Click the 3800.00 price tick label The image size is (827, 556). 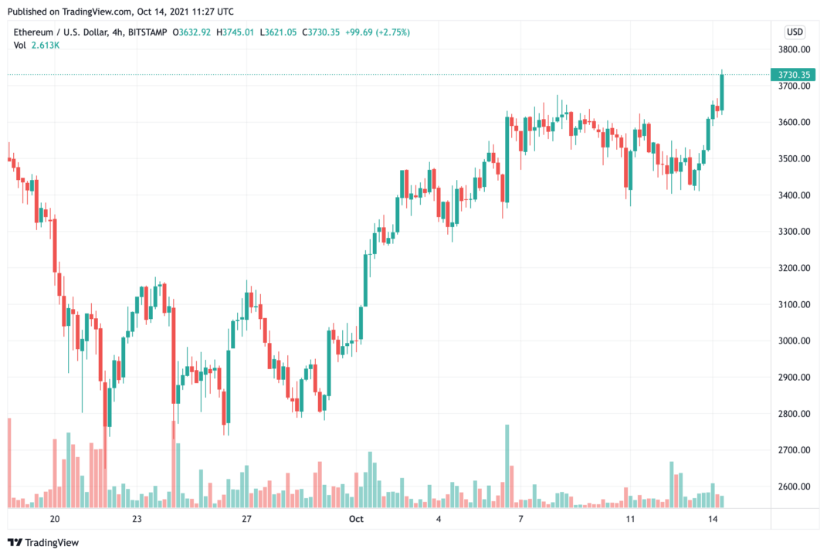pos(795,49)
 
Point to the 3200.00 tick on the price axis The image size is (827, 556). pos(795,268)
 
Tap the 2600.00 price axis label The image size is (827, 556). pos(795,486)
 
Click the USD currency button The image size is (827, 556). pos(794,32)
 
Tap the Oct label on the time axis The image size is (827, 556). pos(356,519)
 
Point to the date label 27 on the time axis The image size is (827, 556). pos(246,519)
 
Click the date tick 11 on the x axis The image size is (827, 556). pos(630,519)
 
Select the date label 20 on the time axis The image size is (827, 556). pos(54,519)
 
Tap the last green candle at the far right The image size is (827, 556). pos(722,91)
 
